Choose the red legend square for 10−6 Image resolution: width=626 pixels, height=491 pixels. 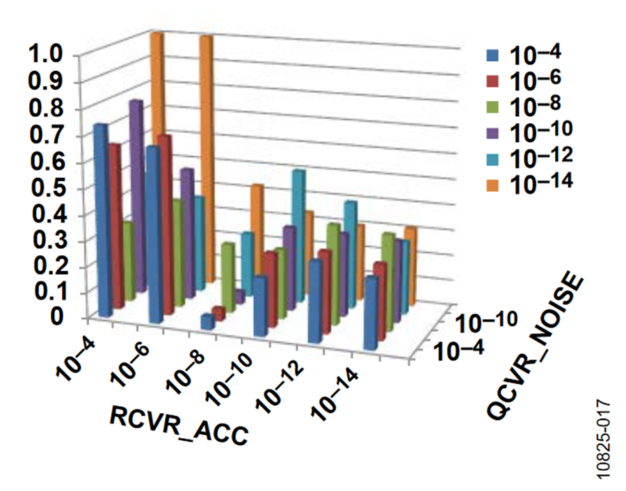(x=493, y=80)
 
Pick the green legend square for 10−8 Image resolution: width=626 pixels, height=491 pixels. (x=493, y=106)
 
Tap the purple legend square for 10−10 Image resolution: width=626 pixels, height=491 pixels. (x=493, y=131)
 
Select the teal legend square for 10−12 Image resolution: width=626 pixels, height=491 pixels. (x=493, y=157)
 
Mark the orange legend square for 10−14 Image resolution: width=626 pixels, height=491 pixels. (x=493, y=182)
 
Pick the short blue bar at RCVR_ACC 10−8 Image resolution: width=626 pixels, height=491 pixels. (x=207, y=321)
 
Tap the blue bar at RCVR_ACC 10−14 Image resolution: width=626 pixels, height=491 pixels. (x=371, y=313)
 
